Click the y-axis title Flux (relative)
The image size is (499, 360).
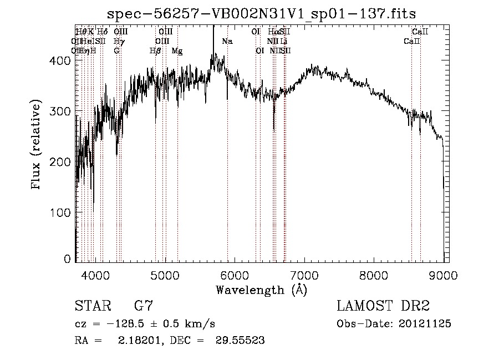click(x=37, y=145)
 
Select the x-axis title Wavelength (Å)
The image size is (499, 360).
click(x=261, y=289)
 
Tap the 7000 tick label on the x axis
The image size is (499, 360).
click(x=304, y=275)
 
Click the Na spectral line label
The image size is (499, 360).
click(x=227, y=41)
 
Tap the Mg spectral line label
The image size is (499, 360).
click(x=177, y=50)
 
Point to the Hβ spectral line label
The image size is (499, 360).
click(x=155, y=50)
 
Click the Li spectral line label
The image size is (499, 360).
click(x=283, y=41)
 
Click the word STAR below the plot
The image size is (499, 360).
click(x=91, y=306)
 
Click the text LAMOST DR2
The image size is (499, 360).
click(x=383, y=306)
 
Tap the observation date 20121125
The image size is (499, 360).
click(x=424, y=324)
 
